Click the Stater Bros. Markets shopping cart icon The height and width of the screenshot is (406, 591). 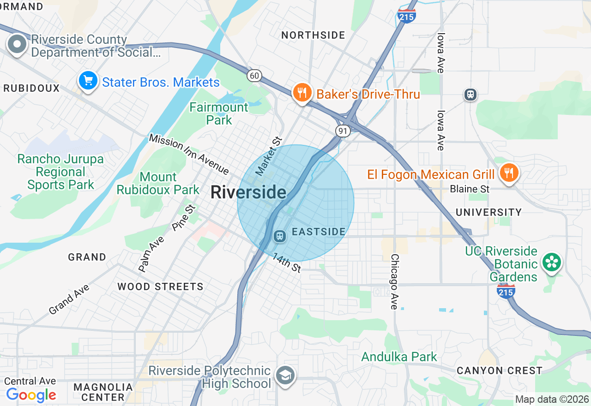coord(88,81)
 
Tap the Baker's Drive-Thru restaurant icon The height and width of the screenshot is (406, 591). coord(302,93)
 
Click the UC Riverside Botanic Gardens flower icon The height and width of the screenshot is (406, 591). coord(551,263)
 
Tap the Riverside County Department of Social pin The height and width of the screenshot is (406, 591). coord(18,45)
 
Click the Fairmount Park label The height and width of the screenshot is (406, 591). coord(219,113)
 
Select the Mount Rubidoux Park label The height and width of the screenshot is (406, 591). coord(158,183)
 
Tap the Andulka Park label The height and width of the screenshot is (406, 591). coord(399,357)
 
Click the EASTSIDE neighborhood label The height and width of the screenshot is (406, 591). coord(319,232)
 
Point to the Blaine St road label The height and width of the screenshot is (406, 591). coord(470,189)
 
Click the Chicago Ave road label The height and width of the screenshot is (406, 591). coord(394,281)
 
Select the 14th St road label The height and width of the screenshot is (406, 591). coord(286,263)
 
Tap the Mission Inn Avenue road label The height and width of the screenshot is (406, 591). coord(189,155)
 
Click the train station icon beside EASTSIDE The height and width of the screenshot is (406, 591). coord(279,236)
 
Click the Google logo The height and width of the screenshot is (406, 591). coord(31,395)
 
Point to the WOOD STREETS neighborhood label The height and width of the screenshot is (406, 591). coord(160,287)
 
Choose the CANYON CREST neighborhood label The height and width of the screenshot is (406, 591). coord(499,370)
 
